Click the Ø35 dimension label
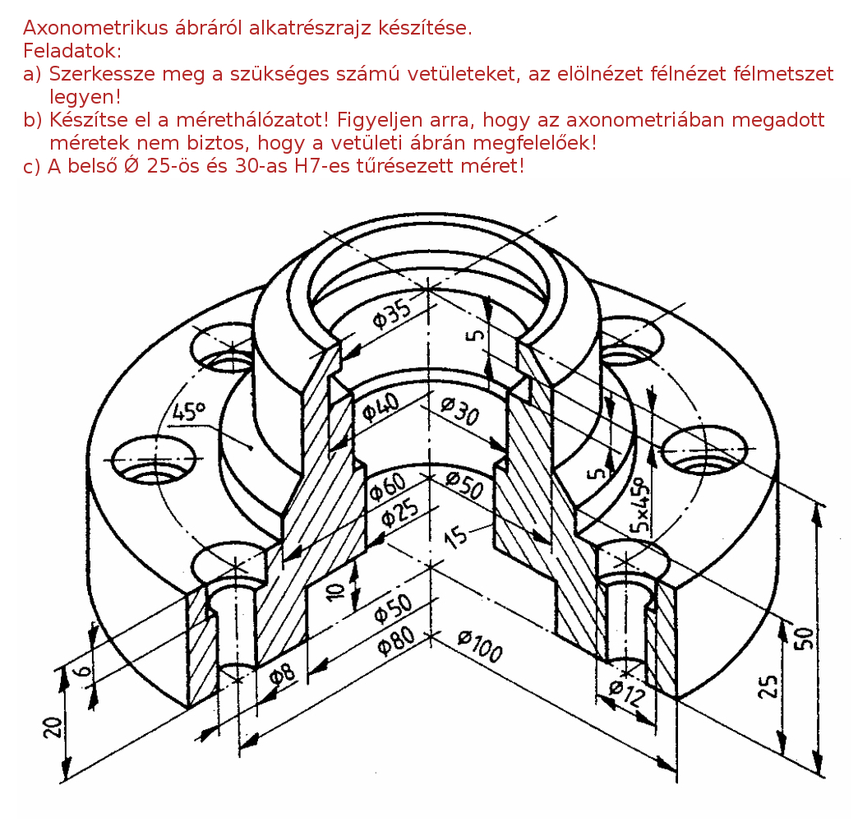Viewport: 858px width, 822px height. pos(392,313)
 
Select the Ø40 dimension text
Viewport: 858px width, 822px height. pos(381,408)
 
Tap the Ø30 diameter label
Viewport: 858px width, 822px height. pos(460,410)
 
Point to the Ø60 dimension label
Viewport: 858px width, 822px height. pos(388,486)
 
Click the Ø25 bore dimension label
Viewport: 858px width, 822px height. pos(400,512)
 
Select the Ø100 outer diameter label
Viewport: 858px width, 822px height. pos(480,645)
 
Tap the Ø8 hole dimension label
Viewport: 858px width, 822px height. pos(283,675)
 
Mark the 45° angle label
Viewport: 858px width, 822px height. pos(189,412)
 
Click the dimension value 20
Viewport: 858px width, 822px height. pos(53,727)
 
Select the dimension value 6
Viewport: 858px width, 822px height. pos(83,670)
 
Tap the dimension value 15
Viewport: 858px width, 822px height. pos(456,537)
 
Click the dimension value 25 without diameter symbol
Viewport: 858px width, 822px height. pos(768,686)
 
